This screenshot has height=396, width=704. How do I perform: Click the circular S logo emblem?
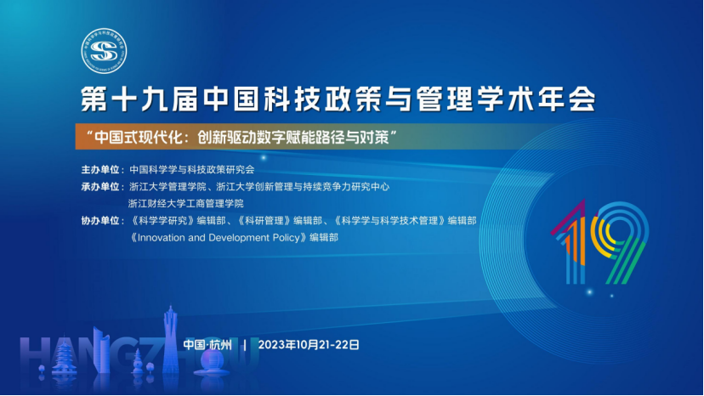104,51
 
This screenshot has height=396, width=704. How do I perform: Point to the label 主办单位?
100,170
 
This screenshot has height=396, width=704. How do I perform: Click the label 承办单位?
100,187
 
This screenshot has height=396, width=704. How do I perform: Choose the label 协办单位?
100,220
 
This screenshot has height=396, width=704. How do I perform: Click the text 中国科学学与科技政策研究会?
191,170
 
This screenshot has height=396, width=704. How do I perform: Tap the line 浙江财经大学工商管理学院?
186,203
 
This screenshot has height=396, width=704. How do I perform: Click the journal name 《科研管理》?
264,220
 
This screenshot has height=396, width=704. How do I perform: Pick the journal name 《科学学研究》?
162,220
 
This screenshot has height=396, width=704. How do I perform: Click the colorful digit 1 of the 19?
571,242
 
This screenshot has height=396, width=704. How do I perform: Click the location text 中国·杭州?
207,345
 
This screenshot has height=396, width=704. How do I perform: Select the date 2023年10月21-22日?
309,345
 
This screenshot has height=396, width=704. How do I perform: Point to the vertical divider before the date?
245,345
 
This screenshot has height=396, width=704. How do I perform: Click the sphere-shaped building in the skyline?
213,362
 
